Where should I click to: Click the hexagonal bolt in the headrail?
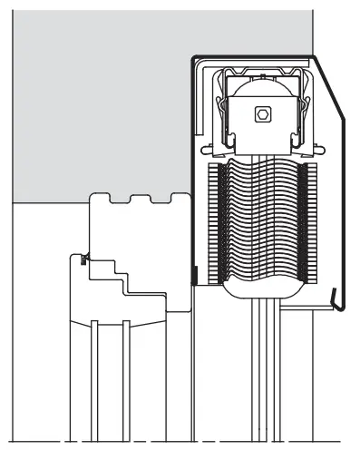tap(263, 114)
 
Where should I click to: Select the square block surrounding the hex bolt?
tap(263, 126)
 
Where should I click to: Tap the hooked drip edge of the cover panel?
tap(336, 299)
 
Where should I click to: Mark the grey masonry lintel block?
tap(100, 100)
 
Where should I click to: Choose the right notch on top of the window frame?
tap(139, 197)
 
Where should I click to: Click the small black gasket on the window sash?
tap(84, 261)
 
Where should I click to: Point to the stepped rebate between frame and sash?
tap(127, 277)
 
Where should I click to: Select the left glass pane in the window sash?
tap(92, 381)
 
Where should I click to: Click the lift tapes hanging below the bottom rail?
tap(263, 363)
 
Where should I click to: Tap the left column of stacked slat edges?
tap(217, 222)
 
